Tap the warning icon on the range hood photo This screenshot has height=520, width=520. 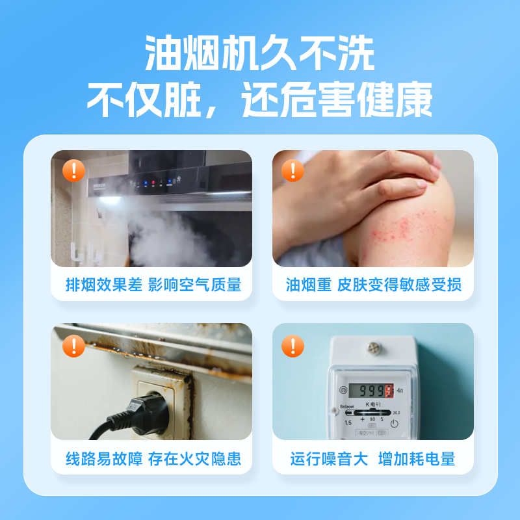(73, 171)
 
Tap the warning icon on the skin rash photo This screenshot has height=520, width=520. (292, 171)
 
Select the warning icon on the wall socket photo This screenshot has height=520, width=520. (73, 345)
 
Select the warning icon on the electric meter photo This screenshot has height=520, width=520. (292, 345)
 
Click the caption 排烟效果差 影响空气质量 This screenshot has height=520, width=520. (153, 285)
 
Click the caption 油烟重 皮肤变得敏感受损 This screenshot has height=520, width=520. (374, 285)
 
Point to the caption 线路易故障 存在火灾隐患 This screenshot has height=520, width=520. (153, 459)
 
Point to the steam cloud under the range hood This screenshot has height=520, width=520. (169, 234)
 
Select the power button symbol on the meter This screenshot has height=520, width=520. (393, 423)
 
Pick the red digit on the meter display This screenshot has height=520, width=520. (389, 391)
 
